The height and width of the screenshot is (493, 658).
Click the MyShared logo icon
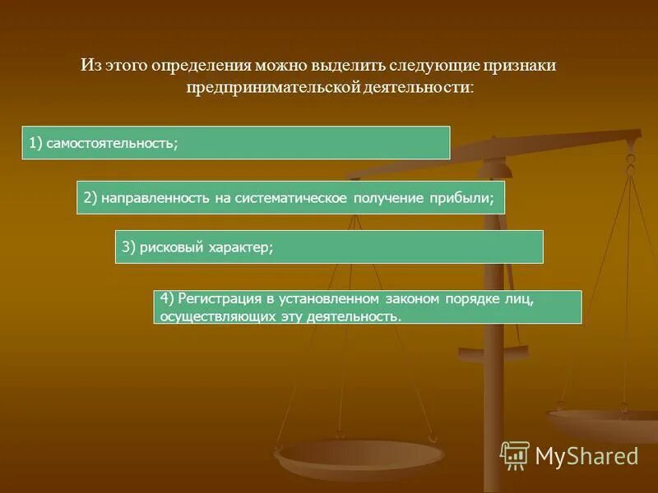click(515, 455)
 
